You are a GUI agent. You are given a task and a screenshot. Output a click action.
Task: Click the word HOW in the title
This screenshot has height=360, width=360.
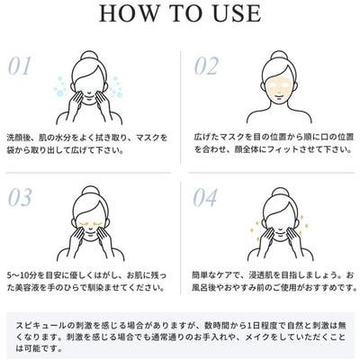129,13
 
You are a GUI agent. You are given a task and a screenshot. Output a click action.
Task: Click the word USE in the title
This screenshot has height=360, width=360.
237,13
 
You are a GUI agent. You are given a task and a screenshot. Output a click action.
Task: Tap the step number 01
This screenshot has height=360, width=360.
20,67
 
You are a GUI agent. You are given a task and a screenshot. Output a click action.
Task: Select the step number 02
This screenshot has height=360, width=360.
206,67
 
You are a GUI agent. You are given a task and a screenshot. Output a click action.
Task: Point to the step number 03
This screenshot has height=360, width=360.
20,197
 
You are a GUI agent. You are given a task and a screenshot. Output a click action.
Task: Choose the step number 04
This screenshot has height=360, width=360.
205,197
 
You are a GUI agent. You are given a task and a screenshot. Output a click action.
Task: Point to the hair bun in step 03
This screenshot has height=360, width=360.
90,191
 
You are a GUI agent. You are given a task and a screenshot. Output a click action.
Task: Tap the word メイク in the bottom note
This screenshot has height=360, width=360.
257,337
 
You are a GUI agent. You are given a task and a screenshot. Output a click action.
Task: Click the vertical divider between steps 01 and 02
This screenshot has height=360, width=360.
181,107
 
